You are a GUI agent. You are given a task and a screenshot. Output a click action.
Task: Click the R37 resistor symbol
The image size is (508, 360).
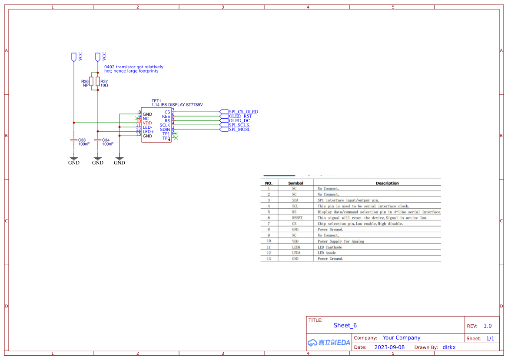pos(98,82)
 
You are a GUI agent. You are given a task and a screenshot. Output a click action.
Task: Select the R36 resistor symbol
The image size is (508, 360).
pos(91,82)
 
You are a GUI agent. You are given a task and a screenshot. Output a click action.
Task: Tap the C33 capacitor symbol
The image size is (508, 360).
pos(73,140)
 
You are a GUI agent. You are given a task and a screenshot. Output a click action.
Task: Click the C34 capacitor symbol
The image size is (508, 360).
pos(98,140)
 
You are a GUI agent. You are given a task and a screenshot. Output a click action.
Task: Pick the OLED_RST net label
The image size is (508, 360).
pos(240,116)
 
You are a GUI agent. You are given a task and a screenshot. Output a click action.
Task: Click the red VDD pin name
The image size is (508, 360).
pos(147,123)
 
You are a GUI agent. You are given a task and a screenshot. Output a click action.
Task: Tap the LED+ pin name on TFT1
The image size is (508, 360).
pos(148,132)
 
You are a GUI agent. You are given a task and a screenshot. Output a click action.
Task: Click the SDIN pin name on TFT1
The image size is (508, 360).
pos(165,130)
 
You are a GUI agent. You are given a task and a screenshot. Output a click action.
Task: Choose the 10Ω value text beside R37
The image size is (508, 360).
pos(104,86)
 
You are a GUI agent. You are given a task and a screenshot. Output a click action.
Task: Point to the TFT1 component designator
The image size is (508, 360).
pos(156,101)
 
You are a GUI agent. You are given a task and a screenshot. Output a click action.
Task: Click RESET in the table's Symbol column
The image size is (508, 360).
pos(297,218)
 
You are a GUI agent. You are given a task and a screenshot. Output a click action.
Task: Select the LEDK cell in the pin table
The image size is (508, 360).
pos(296,247)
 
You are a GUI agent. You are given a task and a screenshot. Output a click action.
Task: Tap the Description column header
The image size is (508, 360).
pos(387,183)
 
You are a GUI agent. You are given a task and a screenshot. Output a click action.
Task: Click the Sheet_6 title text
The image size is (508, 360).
pos(345,325)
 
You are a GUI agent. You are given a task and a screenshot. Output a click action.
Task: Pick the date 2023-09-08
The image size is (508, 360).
pos(389,347)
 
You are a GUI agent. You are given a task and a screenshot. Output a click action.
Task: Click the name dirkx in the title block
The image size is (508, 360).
pos(449,347)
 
